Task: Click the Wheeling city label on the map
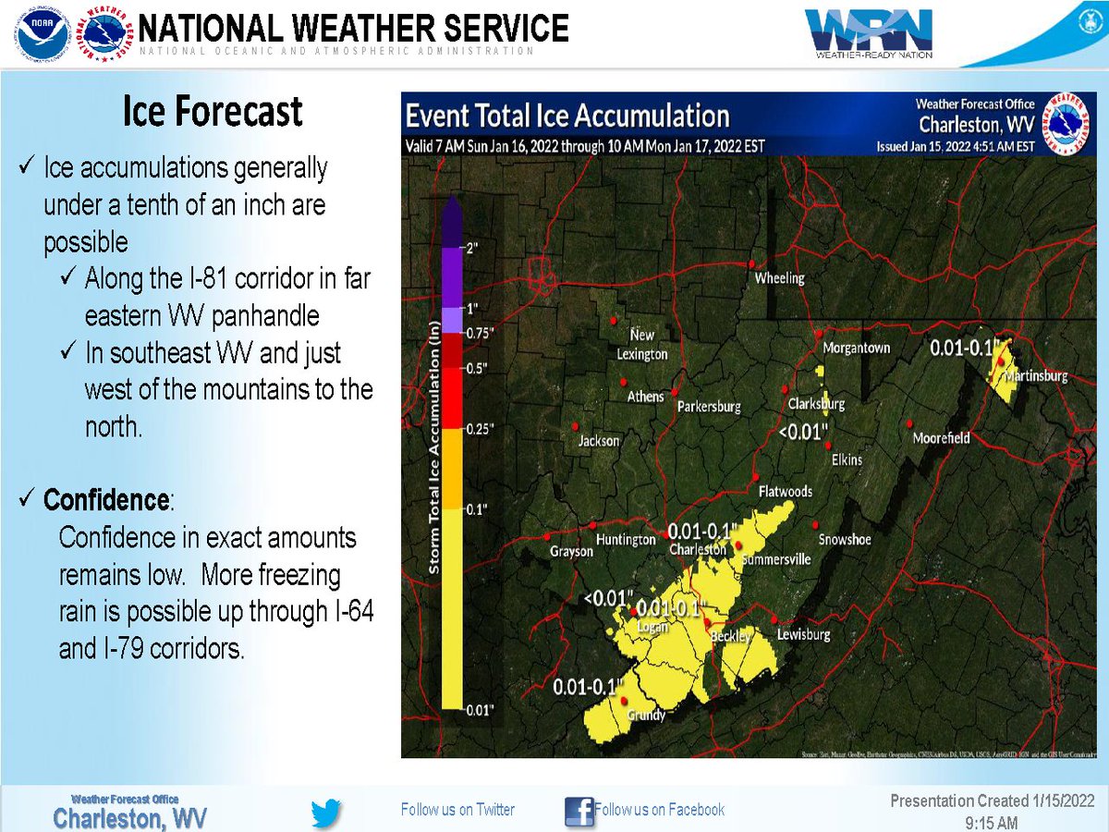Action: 779,277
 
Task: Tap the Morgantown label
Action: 856,348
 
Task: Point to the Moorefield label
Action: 941,437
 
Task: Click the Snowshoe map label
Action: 844,539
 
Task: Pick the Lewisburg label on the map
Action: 803,634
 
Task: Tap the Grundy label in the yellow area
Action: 646,715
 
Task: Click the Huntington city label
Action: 626,540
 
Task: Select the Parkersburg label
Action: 709,406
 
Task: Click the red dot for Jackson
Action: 575,426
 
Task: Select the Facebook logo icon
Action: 579,811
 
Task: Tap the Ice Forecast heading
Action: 213,112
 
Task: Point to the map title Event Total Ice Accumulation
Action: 568,116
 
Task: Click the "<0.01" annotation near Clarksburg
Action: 801,431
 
